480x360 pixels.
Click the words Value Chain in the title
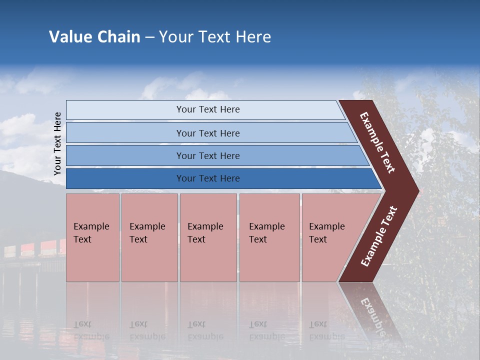tap(94, 37)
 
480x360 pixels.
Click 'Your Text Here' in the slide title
tap(215, 37)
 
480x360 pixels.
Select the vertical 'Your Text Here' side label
tap(57, 143)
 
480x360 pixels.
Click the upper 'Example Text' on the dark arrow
tap(377, 142)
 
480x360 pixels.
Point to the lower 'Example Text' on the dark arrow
tap(379, 236)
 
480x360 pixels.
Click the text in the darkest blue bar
tap(208, 178)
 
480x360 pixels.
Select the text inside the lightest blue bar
tap(208, 109)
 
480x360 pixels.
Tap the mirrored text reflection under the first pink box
tap(91, 330)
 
